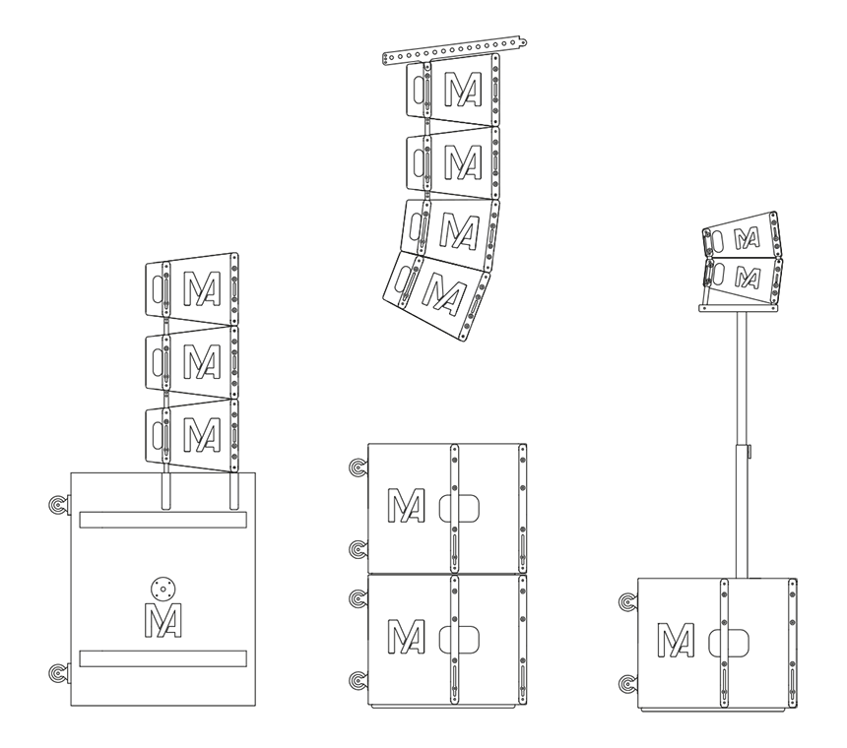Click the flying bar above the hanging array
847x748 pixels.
click(x=454, y=51)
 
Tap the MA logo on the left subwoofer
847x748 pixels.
click(x=163, y=620)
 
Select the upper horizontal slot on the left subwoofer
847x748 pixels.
click(x=163, y=520)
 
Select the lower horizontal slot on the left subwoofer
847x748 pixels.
click(x=163, y=658)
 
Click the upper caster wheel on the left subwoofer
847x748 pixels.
click(x=57, y=504)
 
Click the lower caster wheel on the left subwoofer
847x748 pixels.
click(x=57, y=673)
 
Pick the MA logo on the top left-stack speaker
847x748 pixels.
click(x=202, y=288)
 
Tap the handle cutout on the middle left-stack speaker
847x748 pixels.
click(x=158, y=361)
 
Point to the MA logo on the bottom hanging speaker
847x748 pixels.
click(x=444, y=294)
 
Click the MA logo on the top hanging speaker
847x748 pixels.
click(x=464, y=90)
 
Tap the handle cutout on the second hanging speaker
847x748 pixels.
click(x=420, y=160)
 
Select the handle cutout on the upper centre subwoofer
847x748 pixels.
click(x=460, y=508)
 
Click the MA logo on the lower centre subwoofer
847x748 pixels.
click(x=406, y=636)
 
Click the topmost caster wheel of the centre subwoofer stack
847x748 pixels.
click(x=358, y=467)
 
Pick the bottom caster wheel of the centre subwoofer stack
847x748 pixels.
click(x=358, y=681)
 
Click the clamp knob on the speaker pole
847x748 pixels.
click(x=749, y=451)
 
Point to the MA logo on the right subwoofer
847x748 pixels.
click(x=676, y=640)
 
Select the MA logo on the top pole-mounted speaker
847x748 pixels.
click(x=748, y=238)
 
